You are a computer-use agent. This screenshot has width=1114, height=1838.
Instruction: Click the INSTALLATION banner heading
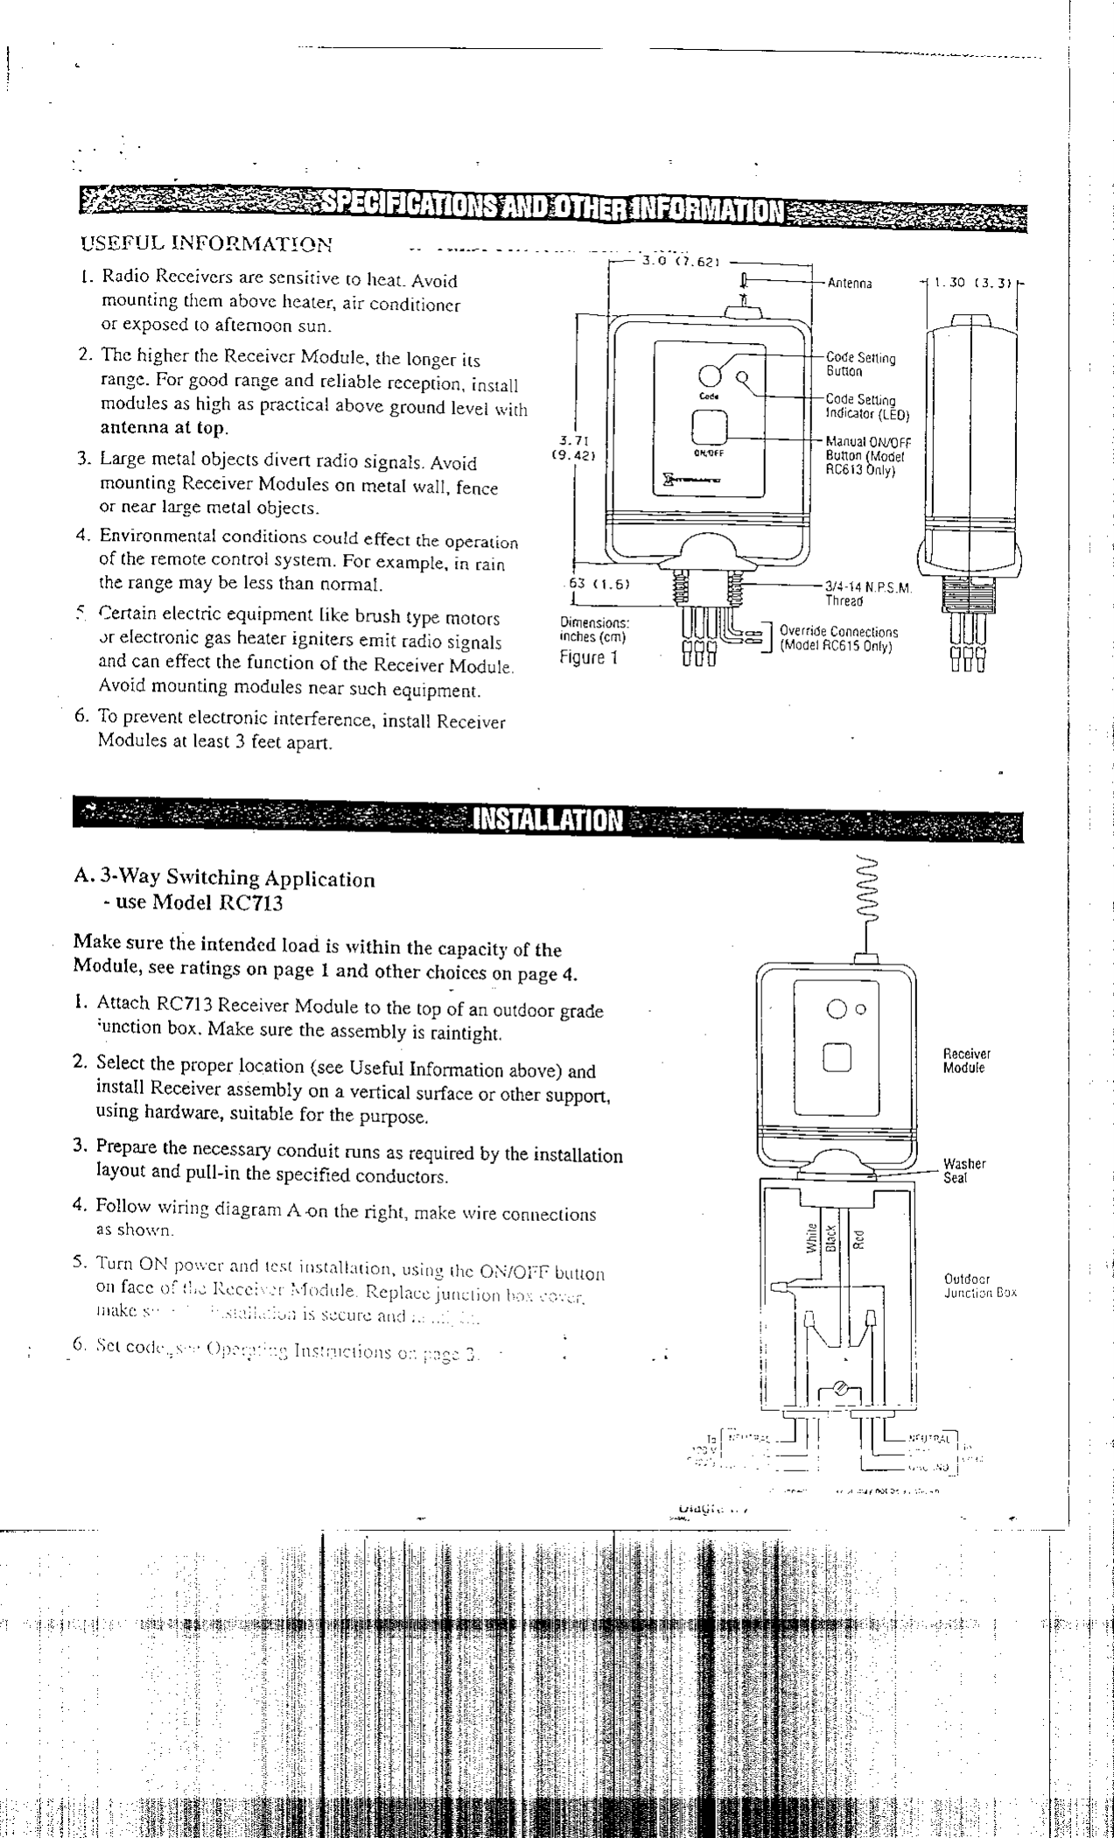click(548, 820)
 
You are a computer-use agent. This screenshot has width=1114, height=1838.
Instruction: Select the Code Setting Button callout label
click(861, 364)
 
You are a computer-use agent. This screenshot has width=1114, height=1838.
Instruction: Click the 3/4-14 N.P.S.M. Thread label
click(869, 593)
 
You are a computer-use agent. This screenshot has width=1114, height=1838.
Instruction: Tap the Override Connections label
click(837, 638)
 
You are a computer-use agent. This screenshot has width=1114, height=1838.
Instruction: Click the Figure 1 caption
click(589, 656)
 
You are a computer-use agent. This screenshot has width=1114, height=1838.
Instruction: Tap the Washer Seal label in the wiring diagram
click(963, 1170)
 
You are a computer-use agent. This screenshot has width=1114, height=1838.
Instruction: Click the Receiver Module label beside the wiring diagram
click(966, 1061)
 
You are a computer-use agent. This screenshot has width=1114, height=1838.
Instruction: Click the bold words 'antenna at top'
click(164, 429)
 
